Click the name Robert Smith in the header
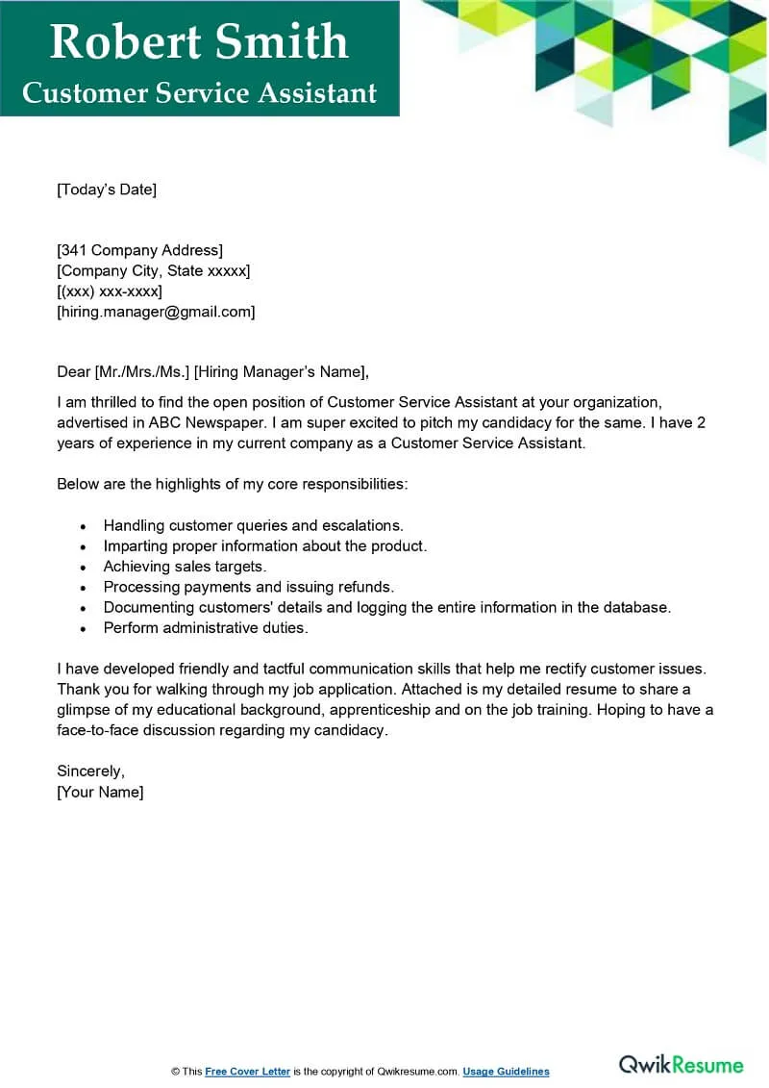click(199, 41)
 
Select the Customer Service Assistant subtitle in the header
click(199, 93)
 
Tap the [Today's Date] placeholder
click(107, 190)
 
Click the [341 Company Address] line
click(140, 251)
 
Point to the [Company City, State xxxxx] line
click(154, 271)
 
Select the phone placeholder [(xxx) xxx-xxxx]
click(110, 291)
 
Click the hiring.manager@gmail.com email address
click(156, 312)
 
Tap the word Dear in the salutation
click(73, 372)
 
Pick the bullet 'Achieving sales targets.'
click(185, 567)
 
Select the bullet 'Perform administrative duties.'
click(206, 628)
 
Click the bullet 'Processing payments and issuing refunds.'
click(249, 587)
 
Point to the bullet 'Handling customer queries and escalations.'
click(254, 525)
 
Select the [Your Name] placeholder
click(100, 792)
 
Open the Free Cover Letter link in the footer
click(247, 1072)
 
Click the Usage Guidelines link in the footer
click(506, 1072)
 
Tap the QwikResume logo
click(681, 1064)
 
